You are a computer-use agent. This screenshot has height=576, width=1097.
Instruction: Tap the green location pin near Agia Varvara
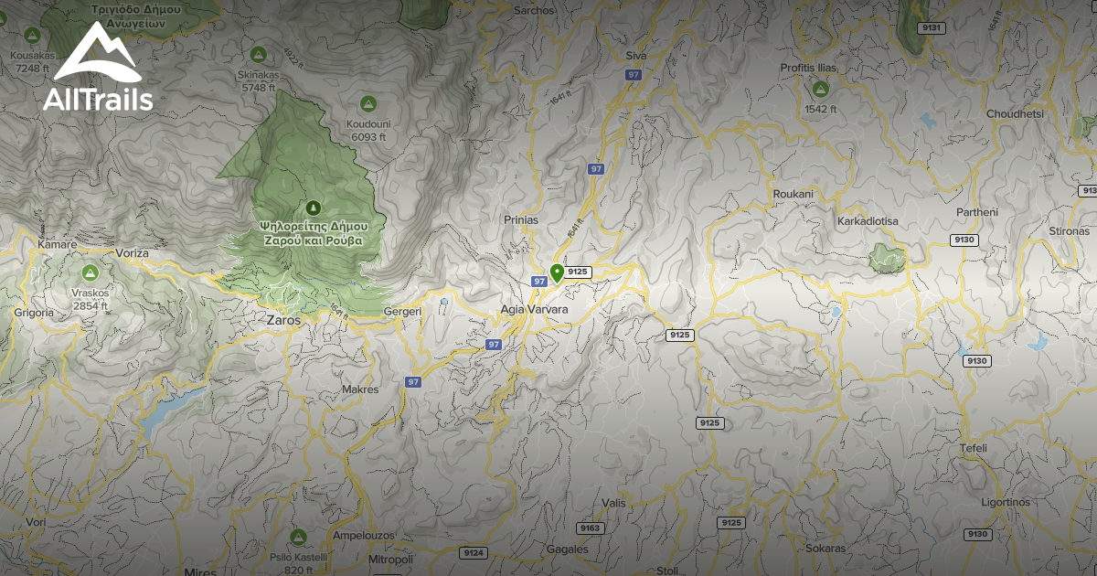(x=556, y=272)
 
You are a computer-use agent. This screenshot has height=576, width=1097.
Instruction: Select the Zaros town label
(x=282, y=321)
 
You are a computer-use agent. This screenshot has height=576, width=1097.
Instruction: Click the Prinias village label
(x=521, y=220)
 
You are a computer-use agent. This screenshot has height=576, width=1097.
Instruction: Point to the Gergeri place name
(x=402, y=312)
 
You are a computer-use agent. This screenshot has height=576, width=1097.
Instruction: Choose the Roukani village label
(x=793, y=195)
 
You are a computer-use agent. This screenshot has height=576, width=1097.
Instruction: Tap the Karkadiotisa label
(x=868, y=221)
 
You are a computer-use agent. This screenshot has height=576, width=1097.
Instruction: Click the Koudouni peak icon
(x=368, y=102)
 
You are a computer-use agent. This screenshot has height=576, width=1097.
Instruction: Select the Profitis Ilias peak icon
(x=820, y=89)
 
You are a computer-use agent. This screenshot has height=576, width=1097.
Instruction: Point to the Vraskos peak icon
(x=90, y=272)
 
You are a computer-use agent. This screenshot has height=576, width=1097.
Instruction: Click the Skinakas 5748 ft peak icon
(x=258, y=53)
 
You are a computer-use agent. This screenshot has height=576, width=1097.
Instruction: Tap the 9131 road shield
(x=932, y=28)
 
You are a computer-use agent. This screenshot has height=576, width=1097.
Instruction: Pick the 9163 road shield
(x=591, y=528)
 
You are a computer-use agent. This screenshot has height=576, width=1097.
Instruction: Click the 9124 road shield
(x=474, y=553)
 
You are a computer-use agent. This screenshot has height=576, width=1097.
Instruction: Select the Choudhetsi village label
(x=1015, y=114)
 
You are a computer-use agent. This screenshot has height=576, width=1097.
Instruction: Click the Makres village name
(x=359, y=389)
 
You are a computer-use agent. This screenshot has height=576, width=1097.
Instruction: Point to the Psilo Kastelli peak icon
(x=297, y=536)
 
